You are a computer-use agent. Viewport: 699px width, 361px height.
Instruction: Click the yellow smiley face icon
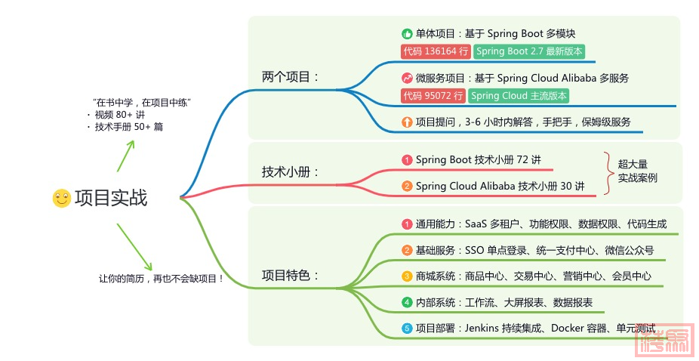[x=61, y=198]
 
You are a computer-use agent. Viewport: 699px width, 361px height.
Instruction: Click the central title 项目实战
[x=111, y=198]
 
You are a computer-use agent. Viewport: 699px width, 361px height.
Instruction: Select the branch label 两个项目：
[x=290, y=77]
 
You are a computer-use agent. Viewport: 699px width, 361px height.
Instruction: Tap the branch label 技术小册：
[x=290, y=171]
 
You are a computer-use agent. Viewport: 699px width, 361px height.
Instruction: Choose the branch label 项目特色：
[x=290, y=275]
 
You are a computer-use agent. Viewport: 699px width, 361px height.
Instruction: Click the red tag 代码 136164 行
[x=436, y=51]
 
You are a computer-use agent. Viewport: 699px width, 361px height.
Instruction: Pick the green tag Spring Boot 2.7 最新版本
[x=529, y=51]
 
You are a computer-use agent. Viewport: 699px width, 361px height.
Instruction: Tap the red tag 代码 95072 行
[x=433, y=95]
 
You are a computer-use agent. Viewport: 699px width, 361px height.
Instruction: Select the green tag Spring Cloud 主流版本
[x=519, y=95]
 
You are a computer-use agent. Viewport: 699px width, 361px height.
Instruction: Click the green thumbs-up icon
[x=407, y=34]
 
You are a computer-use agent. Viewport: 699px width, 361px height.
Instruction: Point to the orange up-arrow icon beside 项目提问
[x=407, y=122]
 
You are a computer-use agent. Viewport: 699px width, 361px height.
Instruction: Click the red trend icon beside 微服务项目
[x=407, y=78]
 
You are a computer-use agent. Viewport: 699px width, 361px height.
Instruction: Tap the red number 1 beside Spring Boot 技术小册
[x=407, y=160]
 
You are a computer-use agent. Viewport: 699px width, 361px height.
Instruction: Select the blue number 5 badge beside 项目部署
[x=407, y=329]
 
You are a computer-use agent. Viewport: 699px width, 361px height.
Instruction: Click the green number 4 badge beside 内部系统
[x=407, y=303]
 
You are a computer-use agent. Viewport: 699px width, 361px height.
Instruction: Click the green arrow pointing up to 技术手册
[x=126, y=156]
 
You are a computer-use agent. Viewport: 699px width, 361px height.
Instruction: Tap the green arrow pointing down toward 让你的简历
[x=134, y=247]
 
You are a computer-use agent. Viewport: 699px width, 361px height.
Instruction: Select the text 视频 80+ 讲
[x=119, y=115]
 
